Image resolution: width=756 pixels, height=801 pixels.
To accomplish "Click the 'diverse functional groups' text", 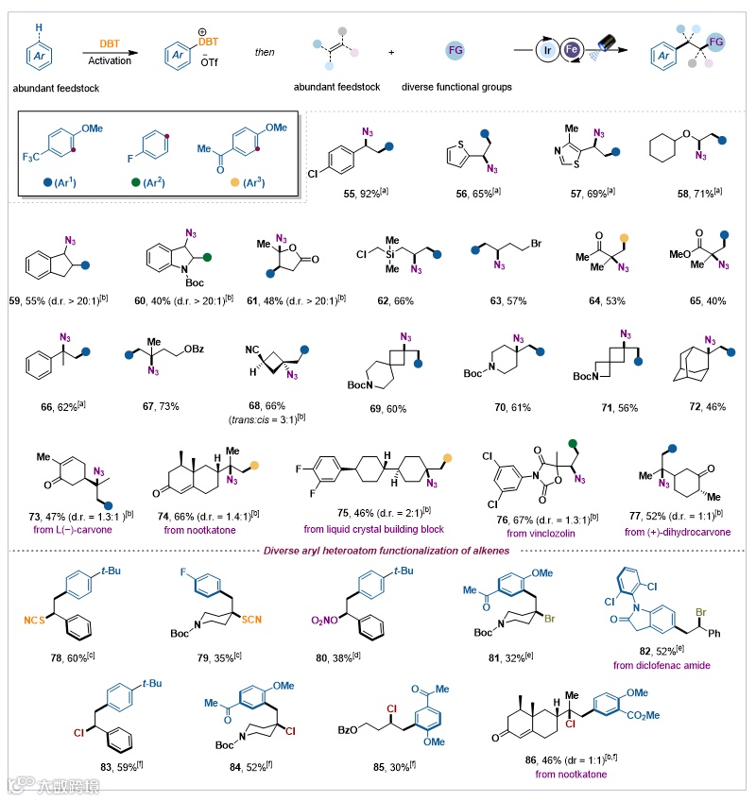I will click(457, 88).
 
